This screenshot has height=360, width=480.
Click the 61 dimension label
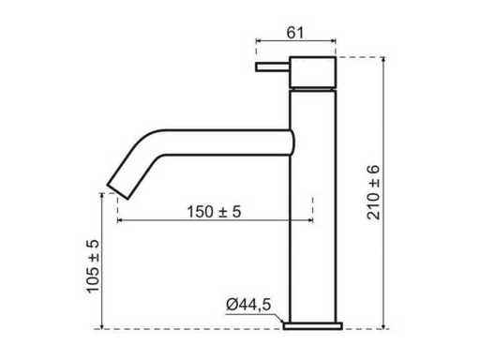point(295,33)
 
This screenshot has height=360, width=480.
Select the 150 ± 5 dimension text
point(214,212)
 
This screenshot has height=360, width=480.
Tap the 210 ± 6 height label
point(373,192)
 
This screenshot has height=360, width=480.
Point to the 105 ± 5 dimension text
point(93,266)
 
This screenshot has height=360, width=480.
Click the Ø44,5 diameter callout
point(248,305)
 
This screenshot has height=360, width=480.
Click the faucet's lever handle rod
point(273,67)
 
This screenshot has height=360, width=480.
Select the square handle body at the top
point(312,72)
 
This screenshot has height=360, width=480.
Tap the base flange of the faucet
point(312,325)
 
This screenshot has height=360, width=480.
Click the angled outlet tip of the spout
point(118,191)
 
